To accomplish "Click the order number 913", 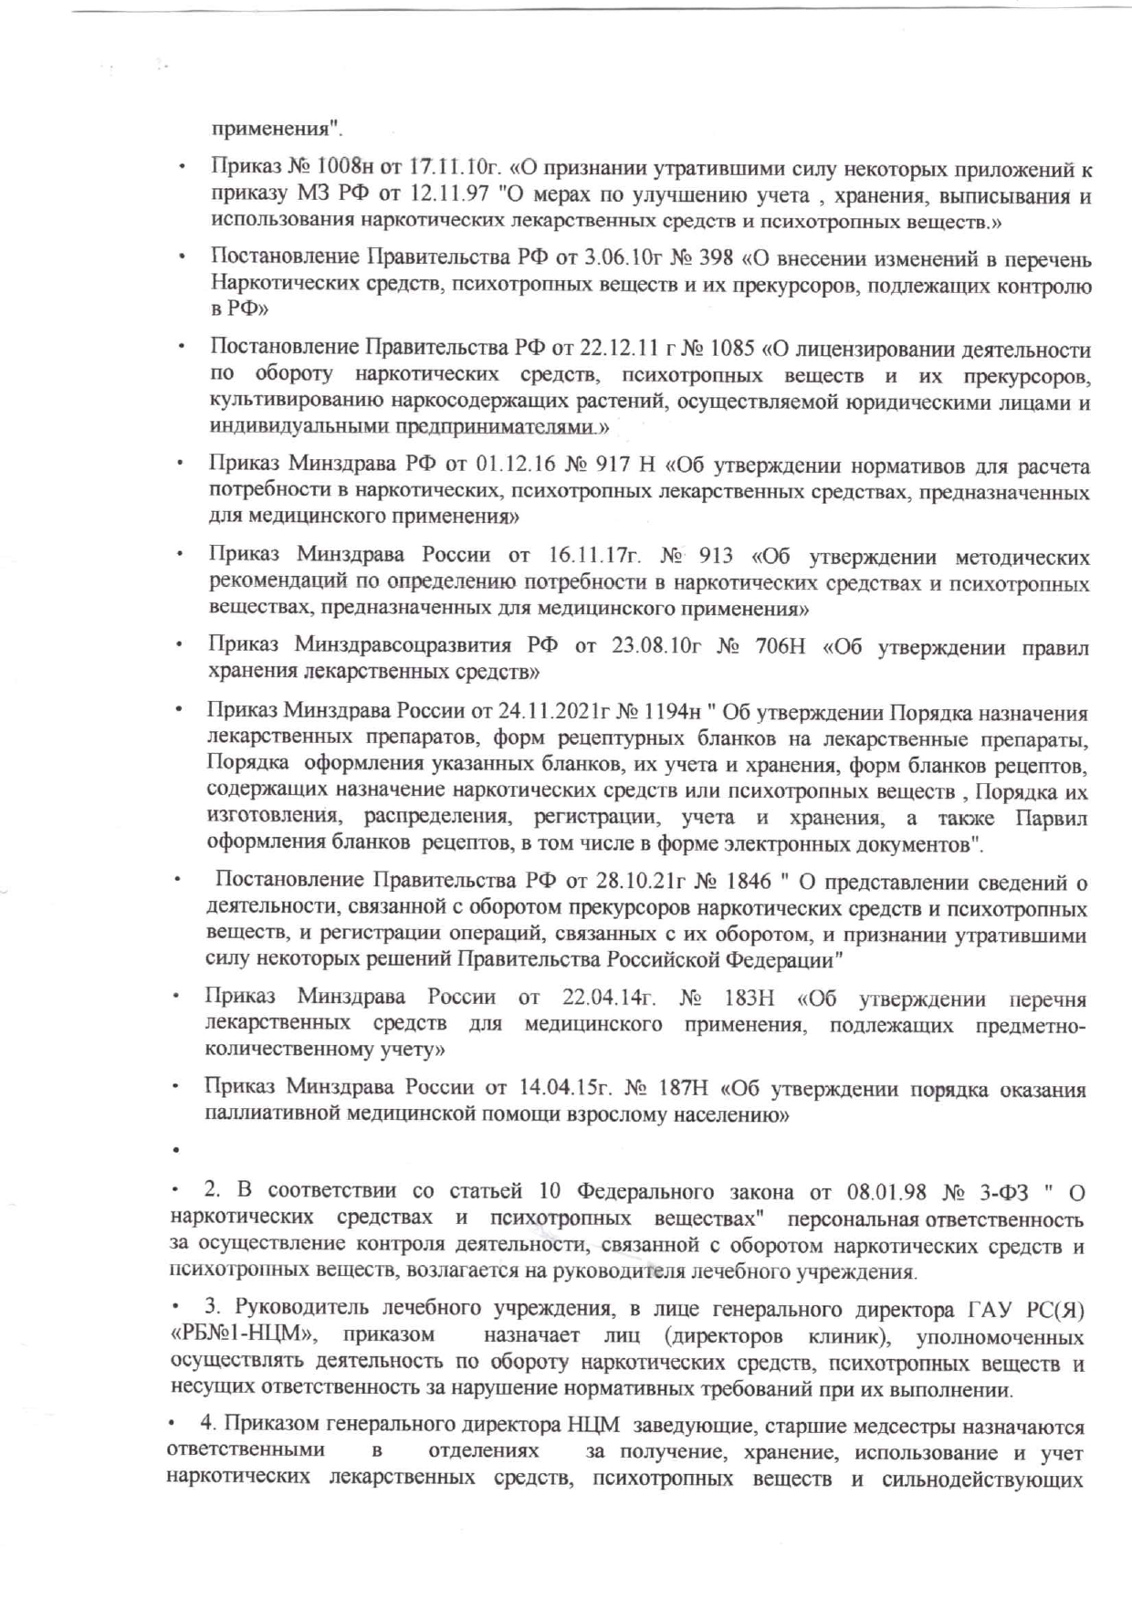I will [x=716, y=556].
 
